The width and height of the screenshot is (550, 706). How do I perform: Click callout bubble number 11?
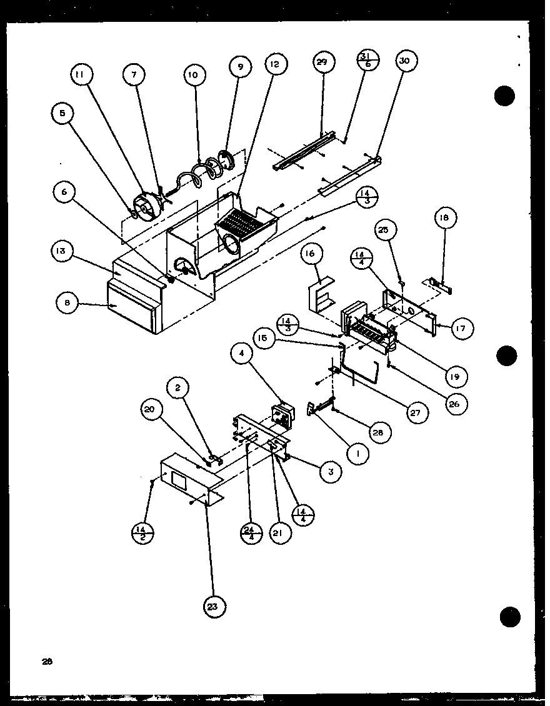click(x=80, y=75)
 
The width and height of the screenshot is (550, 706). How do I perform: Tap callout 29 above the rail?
click(x=323, y=62)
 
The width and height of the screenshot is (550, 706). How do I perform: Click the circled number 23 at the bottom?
click(x=214, y=605)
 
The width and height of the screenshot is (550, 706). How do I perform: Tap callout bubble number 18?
click(x=446, y=218)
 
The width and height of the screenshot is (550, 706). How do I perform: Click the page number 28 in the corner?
click(x=48, y=662)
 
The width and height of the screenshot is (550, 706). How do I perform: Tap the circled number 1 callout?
click(x=357, y=455)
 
